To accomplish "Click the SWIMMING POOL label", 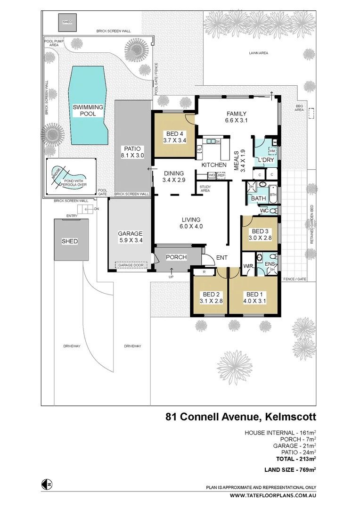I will click(x=88, y=110).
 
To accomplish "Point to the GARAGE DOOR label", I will click(x=127, y=265).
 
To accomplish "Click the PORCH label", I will click(x=177, y=257).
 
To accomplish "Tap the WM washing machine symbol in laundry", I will click(x=272, y=151).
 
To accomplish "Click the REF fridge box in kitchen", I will click(x=221, y=175).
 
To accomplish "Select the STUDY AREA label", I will click(x=205, y=189).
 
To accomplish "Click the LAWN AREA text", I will click(x=258, y=53).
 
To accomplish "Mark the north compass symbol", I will click(x=46, y=484).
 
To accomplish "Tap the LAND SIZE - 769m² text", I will click(x=289, y=469).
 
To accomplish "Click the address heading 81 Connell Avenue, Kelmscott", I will click(x=240, y=417).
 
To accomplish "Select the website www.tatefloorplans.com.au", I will click(x=273, y=495).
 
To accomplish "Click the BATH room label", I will click(x=258, y=198).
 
